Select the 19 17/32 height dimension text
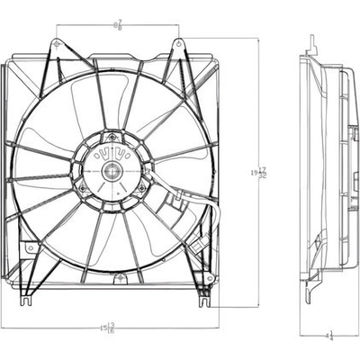pyautogui.click(x=261, y=172)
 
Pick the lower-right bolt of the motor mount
pyautogui.click(x=142, y=191)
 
